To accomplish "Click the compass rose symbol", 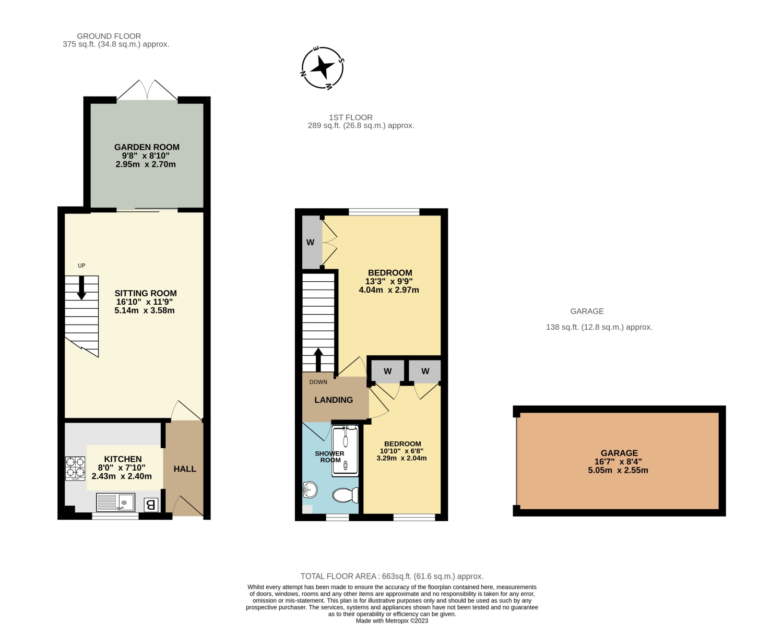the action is pos(323,68).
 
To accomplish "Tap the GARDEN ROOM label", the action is pos(147,147).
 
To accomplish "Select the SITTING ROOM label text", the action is pos(146,293).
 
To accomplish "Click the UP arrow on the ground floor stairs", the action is pos(81,287).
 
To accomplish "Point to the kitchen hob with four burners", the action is pos(75,469).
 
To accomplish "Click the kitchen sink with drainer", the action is pos(116,502).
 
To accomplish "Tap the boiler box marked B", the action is pos(151,505).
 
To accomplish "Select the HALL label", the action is pos(185,469).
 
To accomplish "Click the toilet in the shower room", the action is pos(345,495).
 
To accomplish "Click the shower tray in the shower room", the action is pos(345,451).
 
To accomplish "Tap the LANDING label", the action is pos(334,400).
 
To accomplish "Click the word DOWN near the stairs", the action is pos(318,382).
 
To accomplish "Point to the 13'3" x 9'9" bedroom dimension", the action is pos(389,281).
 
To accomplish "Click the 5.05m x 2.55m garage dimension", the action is pos(618,470).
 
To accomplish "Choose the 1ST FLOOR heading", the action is pos(351,117).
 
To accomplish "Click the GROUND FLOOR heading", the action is pos(109,37).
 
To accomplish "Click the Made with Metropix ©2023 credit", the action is pos(392,621).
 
